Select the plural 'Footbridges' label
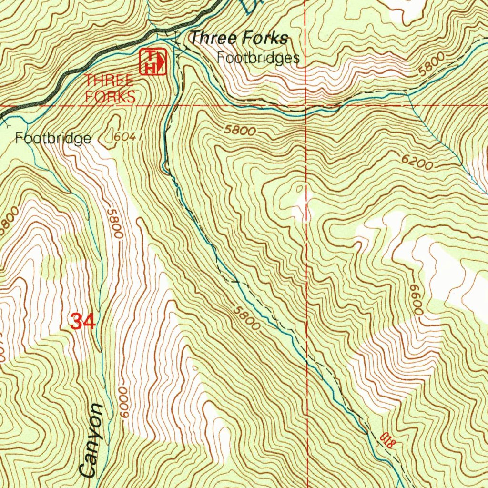coord(258,58)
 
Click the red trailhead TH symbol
coord(153,61)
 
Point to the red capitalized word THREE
coord(109,80)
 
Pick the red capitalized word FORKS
coord(110,97)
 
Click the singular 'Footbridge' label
coord(53,139)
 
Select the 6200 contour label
coord(417,163)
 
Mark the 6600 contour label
coord(416,298)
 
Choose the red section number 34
coord(83,321)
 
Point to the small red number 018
coord(388,439)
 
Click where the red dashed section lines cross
coord(305,105)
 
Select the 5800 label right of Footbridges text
coord(433,63)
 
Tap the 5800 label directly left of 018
coord(246,318)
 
